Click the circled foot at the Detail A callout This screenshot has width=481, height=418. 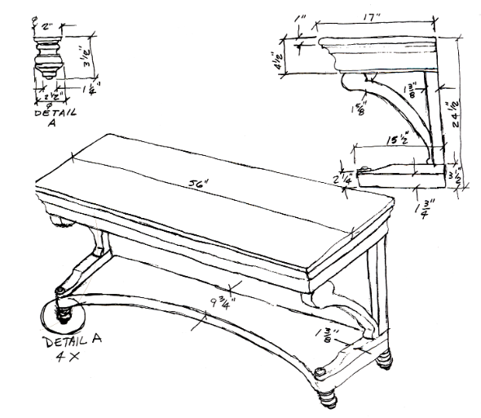click(61, 313)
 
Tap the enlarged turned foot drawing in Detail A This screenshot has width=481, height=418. click(46, 57)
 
